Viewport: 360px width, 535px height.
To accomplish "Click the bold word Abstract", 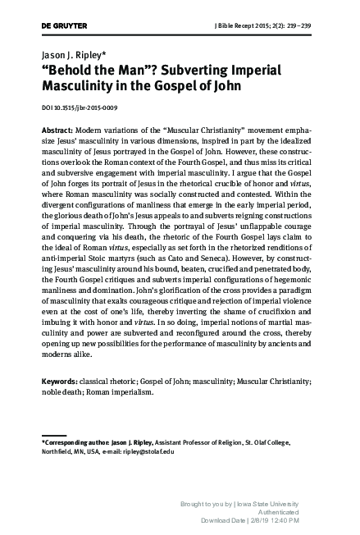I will point(56,130).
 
